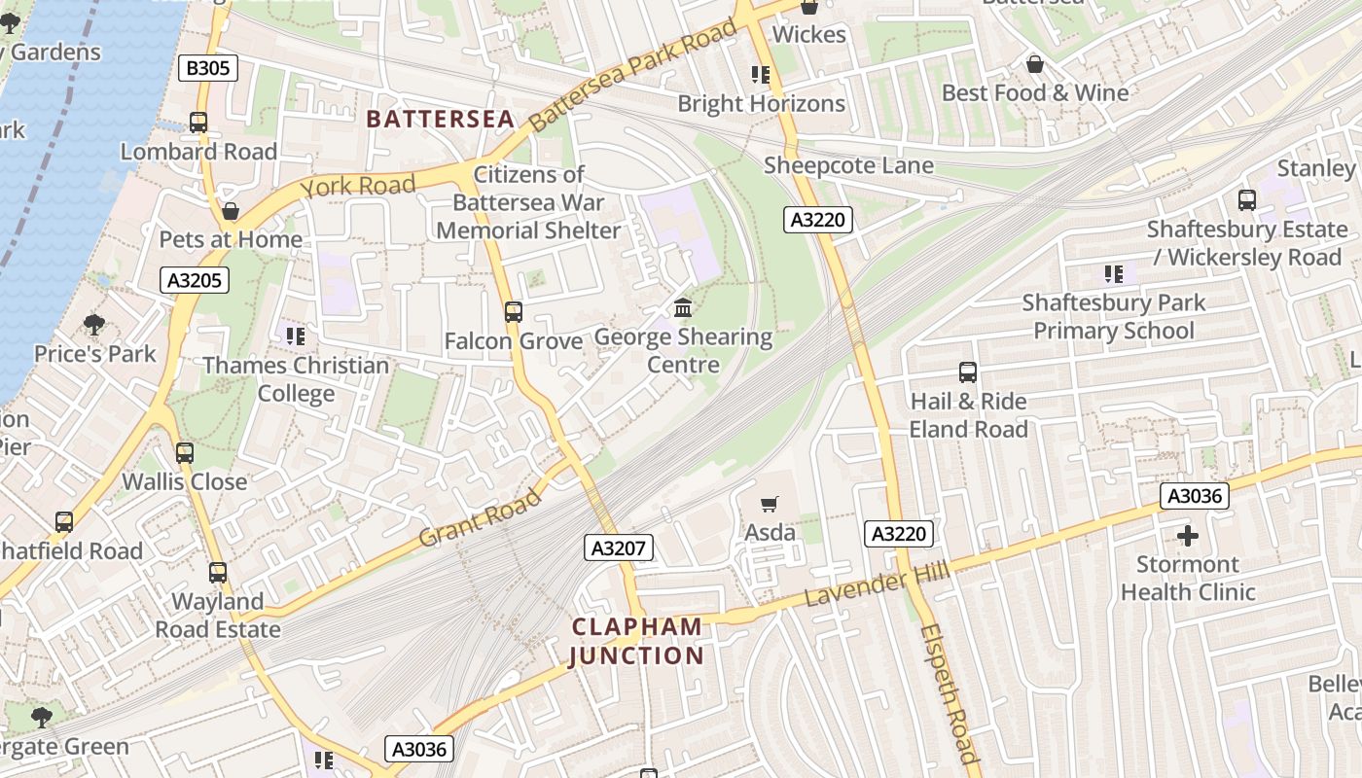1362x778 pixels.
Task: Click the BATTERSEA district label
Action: tap(440, 119)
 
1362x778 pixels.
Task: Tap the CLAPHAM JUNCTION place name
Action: tap(636, 641)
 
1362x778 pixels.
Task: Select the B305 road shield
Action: tap(209, 67)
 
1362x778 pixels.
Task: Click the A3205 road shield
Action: tap(196, 281)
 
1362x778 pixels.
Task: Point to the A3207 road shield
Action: tap(619, 548)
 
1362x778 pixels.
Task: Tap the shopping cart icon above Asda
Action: tap(770, 504)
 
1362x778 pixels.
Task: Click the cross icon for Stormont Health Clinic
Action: tap(1187, 536)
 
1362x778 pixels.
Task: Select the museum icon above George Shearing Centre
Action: tap(683, 308)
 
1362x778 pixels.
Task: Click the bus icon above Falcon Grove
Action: tap(513, 312)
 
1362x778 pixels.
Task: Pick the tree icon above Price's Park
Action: tap(94, 324)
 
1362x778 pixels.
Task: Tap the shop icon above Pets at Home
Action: tap(231, 211)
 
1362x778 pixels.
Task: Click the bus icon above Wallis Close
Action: tap(184, 453)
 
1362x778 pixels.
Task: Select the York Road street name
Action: tap(357, 186)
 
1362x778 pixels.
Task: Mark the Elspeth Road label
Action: tap(949, 692)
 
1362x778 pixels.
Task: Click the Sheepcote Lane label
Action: tap(848, 165)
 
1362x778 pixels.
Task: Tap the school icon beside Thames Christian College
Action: tap(296, 336)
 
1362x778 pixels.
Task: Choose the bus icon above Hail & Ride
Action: tap(968, 372)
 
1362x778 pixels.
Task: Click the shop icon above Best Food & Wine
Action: tap(1035, 64)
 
